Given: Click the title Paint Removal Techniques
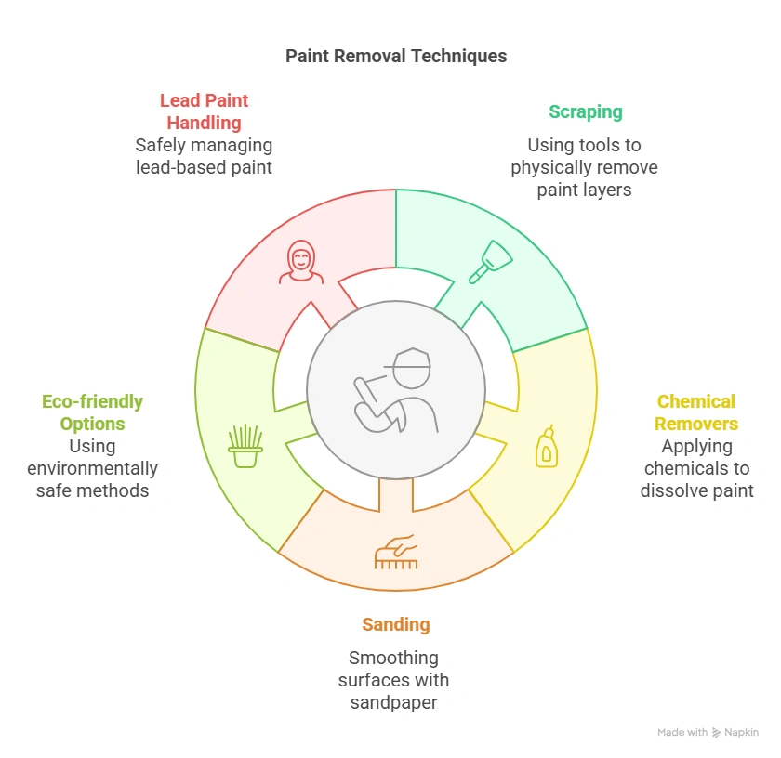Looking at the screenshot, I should (396, 56).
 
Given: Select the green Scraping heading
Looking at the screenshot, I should (585, 112).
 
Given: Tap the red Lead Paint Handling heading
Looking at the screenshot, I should (204, 111).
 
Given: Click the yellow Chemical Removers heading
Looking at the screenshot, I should (695, 412).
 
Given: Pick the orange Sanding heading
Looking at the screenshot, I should (396, 624).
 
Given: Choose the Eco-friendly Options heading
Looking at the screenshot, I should (92, 412).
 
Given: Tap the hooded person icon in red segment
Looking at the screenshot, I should (301, 262).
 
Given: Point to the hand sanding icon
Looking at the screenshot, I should (396, 551).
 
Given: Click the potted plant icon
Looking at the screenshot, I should (245, 446).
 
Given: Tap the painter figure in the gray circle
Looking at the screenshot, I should (395, 390).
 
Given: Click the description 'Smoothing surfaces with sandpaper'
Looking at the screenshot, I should (393, 680).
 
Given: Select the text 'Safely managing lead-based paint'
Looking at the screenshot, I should (204, 156).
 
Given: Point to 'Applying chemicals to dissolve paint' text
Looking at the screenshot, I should (696, 468).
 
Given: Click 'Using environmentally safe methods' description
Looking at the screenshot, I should (92, 468).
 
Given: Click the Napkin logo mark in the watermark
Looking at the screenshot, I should (716, 733).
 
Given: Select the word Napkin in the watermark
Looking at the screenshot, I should (742, 733).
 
